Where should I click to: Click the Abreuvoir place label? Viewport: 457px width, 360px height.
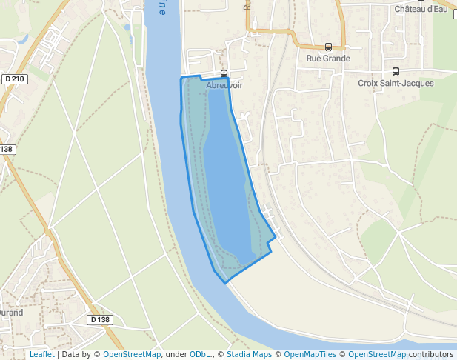(224, 85)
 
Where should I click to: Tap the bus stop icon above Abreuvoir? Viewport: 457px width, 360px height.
(224, 73)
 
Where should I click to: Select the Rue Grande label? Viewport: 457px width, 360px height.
(328, 58)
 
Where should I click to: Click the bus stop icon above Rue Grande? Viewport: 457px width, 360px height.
(328, 47)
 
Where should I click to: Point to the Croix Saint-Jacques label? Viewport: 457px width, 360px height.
(396, 84)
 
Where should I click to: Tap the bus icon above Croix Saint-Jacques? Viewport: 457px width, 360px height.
(396, 72)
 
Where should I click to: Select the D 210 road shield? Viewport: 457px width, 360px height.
(14, 79)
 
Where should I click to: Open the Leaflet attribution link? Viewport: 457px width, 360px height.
(41, 355)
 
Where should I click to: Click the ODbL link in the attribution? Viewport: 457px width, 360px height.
(199, 355)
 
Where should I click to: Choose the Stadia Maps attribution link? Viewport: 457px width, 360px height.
(249, 355)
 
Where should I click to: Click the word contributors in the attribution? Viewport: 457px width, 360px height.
(431, 355)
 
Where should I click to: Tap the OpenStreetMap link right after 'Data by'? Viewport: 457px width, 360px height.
(132, 355)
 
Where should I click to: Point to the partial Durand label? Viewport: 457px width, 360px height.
(10, 313)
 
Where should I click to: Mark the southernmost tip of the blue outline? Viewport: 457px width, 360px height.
(225, 283)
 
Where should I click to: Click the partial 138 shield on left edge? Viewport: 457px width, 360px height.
(7, 149)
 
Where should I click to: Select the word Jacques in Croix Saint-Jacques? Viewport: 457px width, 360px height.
(417, 84)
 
